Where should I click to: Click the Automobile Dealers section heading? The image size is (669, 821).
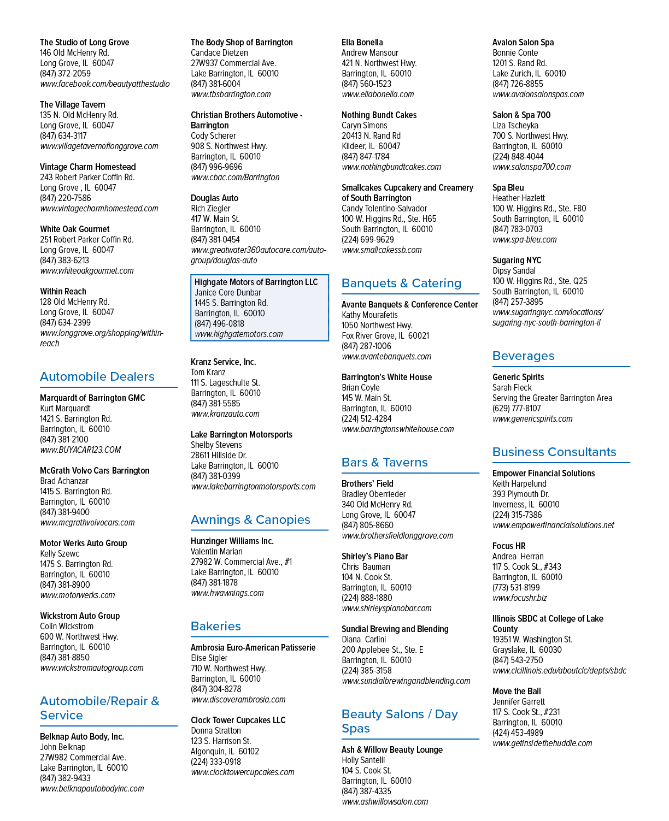[97, 376]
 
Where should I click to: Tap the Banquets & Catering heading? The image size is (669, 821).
[401, 283]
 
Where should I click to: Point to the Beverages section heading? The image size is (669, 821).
[523, 356]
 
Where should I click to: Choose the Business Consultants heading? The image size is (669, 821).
[554, 452]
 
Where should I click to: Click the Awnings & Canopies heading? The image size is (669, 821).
[250, 519]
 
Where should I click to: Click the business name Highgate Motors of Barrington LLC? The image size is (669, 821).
[256, 282]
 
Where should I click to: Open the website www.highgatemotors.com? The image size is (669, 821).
[239, 334]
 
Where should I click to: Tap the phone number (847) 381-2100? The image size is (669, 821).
[64, 439]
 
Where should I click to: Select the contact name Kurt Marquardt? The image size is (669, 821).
[65, 408]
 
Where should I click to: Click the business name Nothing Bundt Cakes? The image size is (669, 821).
[379, 115]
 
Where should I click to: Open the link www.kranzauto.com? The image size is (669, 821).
[225, 414]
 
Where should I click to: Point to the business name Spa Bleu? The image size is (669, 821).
[508, 188]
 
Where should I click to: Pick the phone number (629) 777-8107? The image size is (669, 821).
[517, 408]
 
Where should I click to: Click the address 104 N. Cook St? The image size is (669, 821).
[367, 577]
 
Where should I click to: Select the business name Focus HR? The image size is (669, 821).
[509, 546]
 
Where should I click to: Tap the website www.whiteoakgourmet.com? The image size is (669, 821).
[87, 270]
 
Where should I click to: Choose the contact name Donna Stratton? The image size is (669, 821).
[215, 730]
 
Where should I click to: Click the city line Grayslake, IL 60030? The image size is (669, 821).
[527, 649]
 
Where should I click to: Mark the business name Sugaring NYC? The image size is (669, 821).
[517, 260]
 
